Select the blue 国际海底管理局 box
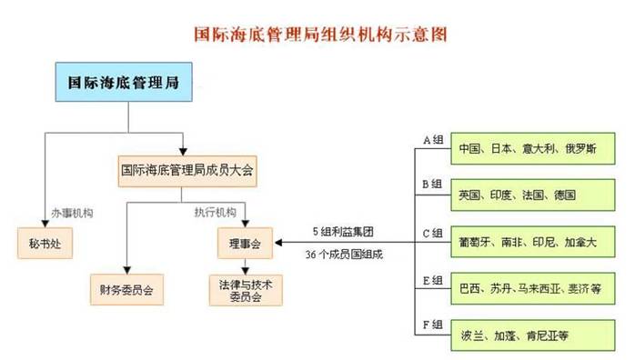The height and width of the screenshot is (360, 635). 123,83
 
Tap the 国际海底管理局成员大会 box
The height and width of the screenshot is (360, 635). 186,169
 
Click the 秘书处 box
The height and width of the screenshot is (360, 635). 44,244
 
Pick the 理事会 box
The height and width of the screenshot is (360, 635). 244,244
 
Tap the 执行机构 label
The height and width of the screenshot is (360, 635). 215,214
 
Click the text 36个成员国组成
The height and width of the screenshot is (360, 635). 344,255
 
